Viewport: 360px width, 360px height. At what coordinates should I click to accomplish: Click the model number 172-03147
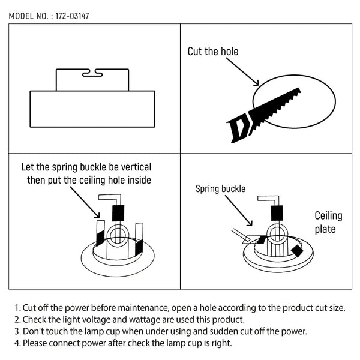72,16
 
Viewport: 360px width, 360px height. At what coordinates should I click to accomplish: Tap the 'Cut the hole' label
213,52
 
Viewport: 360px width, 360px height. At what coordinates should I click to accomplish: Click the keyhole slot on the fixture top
92,73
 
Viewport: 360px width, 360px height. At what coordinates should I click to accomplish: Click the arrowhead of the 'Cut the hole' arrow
257,83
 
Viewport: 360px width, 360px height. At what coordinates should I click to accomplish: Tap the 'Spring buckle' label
220,189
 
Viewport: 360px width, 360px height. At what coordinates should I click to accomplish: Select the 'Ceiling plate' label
328,222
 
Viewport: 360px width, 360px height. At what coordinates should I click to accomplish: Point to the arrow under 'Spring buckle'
239,211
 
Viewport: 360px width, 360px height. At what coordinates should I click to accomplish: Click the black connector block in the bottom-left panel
118,213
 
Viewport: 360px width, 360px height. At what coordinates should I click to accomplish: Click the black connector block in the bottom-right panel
277,213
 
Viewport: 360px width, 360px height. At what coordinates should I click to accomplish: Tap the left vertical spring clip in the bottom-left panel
100,233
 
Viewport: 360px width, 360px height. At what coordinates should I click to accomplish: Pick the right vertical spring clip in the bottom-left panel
139,239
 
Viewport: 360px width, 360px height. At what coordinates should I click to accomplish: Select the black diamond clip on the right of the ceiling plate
297,251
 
